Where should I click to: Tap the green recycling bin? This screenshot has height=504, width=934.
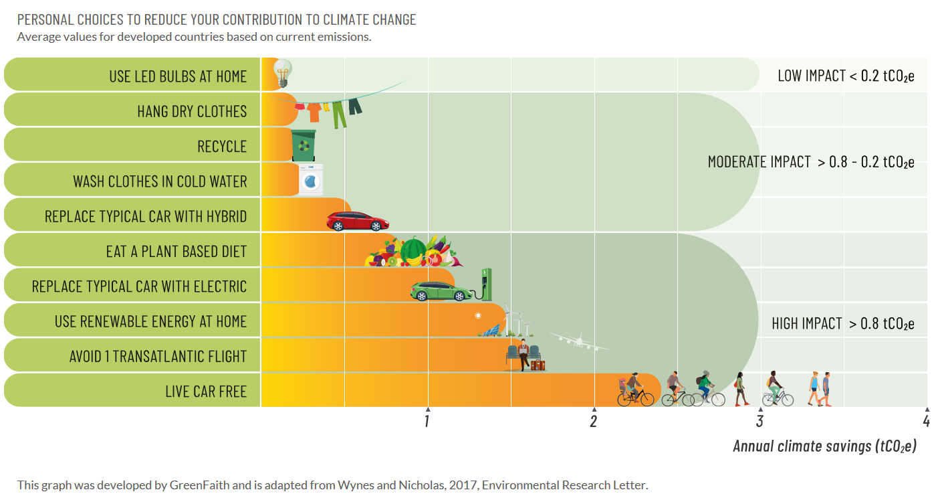pos(304,145)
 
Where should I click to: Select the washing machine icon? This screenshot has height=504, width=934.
pos(310,180)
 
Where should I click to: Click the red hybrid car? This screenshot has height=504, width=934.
pos(357,221)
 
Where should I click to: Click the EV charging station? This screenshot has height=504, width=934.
pos(486,284)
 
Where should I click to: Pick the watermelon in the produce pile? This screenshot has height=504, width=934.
pos(413,251)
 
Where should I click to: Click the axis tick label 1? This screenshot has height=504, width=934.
pos(427,421)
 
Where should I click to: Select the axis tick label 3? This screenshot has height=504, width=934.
pos(760,421)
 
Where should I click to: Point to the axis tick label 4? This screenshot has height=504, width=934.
pos(926,421)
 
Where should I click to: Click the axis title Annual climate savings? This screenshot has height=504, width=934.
pos(824,446)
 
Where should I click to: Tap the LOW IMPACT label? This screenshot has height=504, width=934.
pos(845,76)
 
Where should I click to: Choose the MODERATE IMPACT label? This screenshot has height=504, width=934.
pos(810,162)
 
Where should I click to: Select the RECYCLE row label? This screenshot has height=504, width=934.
pos(222,147)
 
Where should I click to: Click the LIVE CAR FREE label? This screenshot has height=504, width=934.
pos(206,391)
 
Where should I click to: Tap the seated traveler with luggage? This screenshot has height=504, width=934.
pos(525,355)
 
